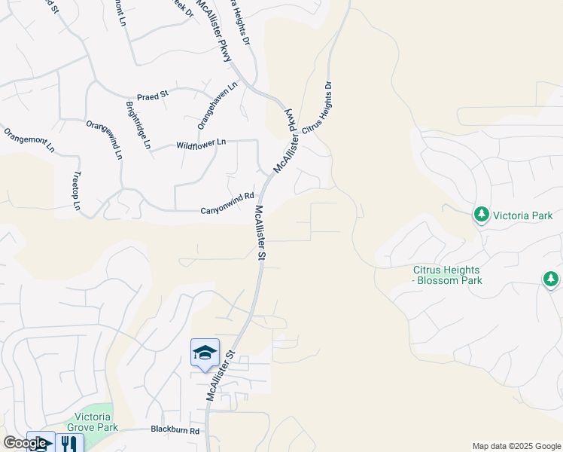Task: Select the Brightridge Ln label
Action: [138, 125]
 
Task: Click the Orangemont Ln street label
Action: [29, 140]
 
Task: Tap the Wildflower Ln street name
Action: [201, 143]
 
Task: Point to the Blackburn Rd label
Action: [175, 431]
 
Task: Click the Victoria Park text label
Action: [522, 215]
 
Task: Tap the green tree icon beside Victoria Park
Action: [481, 215]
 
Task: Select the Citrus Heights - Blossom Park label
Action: [447, 275]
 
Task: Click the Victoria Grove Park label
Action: [96, 422]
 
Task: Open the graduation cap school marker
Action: [205, 353]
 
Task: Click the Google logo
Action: [26, 443]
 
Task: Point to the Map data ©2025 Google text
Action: [516, 446]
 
